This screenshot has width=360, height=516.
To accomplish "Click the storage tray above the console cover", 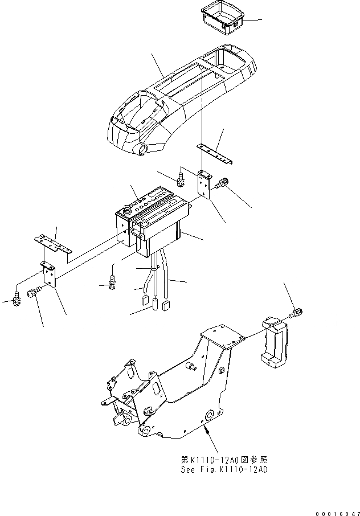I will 223,17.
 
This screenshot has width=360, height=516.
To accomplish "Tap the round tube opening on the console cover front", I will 141,150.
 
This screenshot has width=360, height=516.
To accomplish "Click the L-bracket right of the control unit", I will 204,183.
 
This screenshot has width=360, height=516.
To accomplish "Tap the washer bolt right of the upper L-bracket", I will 221,182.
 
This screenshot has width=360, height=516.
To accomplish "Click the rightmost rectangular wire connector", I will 166,306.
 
